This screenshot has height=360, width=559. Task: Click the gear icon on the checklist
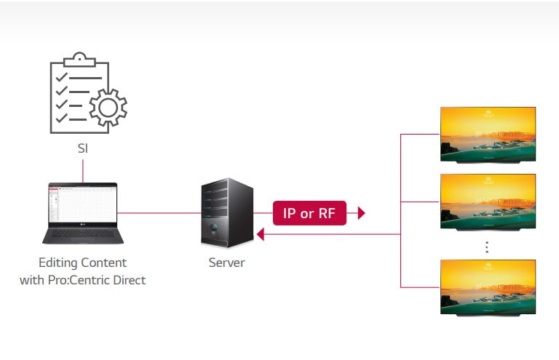tap(108, 108)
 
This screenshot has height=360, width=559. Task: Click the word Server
tap(226, 263)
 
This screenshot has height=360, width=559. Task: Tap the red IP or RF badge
tap(309, 213)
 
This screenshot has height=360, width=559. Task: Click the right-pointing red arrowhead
tap(360, 213)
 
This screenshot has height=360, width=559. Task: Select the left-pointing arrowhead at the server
tap(259, 234)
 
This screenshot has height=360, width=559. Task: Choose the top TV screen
tap(488, 134)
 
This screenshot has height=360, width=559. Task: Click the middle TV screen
tap(488, 201)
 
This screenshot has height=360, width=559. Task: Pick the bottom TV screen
tap(488, 286)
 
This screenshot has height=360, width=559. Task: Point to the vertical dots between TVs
tap(488, 247)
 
